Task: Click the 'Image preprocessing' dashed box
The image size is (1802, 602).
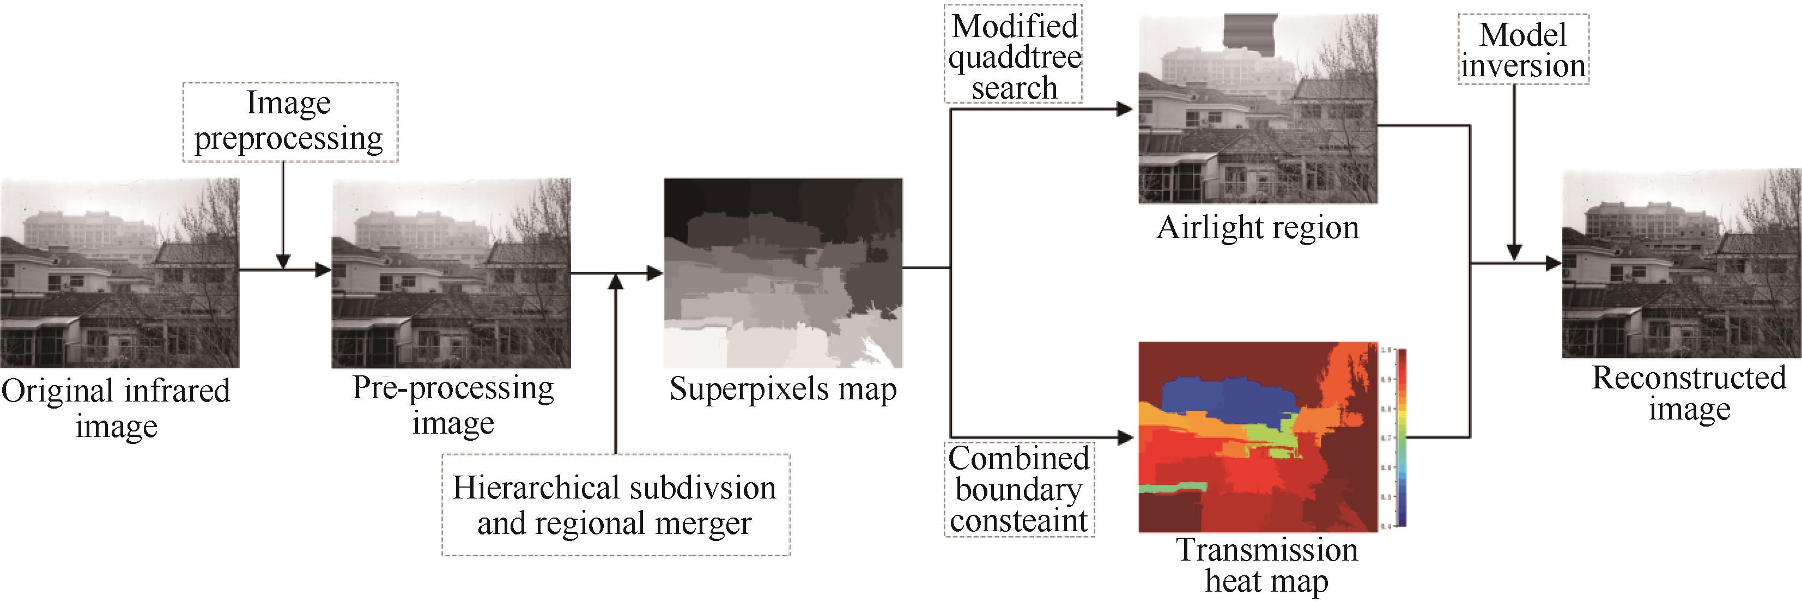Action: pyautogui.click(x=289, y=123)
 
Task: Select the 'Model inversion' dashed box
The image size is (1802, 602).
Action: pyautogui.click(x=1523, y=50)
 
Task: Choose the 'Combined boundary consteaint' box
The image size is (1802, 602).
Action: pyautogui.click(x=1018, y=489)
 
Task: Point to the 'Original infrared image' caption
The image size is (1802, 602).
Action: pyautogui.click(x=116, y=408)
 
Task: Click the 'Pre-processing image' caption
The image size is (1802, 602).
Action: pyautogui.click(x=453, y=405)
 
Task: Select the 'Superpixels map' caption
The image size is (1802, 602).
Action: pyautogui.click(x=783, y=389)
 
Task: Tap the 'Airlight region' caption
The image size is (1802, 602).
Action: pyautogui.click(x=1257, y=228)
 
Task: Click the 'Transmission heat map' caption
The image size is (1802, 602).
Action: pyautogui.click(x=1266, y=565)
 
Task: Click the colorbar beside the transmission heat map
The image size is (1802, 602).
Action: pyautogui.click(x=1400, y=437)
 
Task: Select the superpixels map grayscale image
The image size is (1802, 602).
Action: pyautogui.click(x=783, y=273)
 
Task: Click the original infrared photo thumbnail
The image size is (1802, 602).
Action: pyautogui.click(x=120, y=273)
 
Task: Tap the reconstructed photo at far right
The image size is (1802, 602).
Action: pyautogui.click(x=1682, y=264)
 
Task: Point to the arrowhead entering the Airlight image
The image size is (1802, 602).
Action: pyautogui.click(x=1125, y=109)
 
